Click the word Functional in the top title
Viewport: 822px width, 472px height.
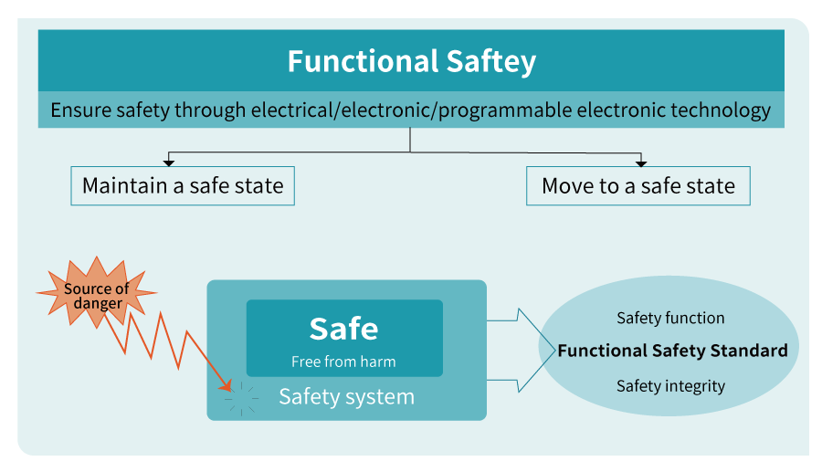click(x=350, y=62)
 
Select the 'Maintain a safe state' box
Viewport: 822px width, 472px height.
click(x=183, y=186)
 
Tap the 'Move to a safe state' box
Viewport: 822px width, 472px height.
click(x=638, y=186)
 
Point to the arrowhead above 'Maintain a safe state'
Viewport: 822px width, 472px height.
click(x=168, y=163)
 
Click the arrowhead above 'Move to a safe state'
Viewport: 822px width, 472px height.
click(x=641, y=163)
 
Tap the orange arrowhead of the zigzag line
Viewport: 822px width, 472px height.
click(x=227, y=386)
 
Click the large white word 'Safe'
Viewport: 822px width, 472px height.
click(x=343, y=329)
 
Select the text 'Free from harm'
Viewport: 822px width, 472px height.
click(x=343, y=362)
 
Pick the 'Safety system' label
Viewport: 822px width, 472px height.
click(x=346, y=397)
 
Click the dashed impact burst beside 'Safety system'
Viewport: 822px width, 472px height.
click(x=242, y=399)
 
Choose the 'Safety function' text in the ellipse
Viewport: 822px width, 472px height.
click(x=670, y=319)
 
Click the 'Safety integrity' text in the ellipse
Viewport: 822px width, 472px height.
click(x=670, y=386)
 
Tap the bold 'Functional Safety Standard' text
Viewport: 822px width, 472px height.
click(x=672, y=351)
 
